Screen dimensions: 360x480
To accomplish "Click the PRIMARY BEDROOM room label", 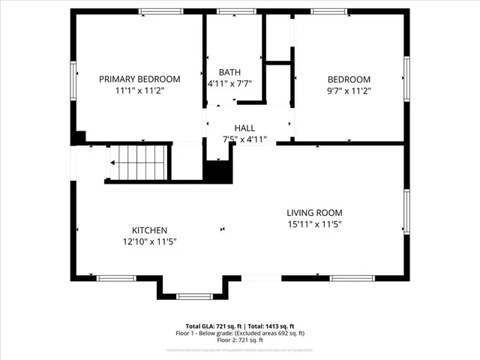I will [x=140, y=79].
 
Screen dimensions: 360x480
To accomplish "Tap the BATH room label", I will [x=229, y=72].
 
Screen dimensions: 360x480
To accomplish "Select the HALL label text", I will [x=244, y=128].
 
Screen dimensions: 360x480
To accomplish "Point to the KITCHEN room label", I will [x=149, y=230].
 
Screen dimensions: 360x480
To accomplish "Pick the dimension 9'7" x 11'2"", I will [x=348, y=90].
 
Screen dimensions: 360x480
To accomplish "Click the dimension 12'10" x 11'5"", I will [x=149, y=241].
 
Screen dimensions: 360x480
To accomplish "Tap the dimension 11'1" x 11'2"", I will [x=140, y=90].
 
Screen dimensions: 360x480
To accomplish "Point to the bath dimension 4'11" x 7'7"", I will [x=229, y=84].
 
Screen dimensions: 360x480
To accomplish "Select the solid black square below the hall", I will [x=218, y=171].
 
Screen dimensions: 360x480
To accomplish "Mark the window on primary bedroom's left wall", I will [x=73, y=79].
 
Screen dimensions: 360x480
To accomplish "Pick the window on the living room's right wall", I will [x=406, y=211].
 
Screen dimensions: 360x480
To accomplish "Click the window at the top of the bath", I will [x=232, y=11].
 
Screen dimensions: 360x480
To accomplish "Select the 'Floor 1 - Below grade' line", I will [x=240, y=333].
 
